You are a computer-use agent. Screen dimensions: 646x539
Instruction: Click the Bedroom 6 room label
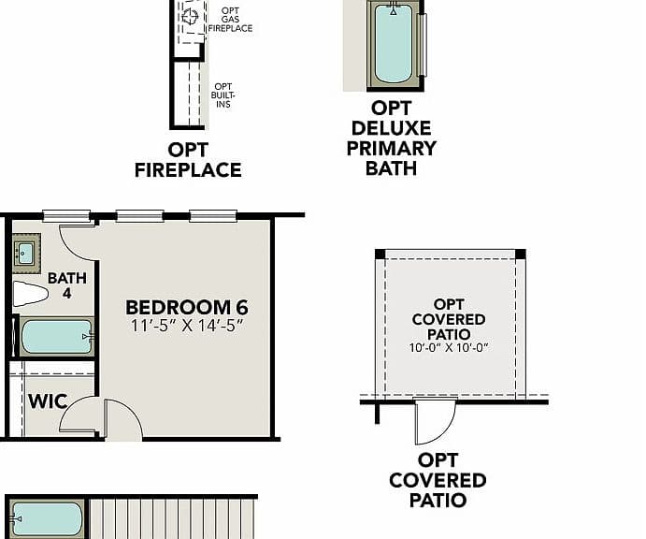[x=187, y=307]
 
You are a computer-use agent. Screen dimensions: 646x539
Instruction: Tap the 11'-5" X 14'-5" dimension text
[x=188, y=326]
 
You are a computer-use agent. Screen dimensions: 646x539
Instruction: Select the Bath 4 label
[x=67, y=285]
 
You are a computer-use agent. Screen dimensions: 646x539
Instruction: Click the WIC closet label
[x=48, y=401]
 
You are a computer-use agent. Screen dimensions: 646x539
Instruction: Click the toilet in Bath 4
[x=30, y=294]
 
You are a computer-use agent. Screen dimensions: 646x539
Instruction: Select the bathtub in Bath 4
[x=57, y=337]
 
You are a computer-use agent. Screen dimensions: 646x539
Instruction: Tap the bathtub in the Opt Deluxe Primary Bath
[x=394, y=44]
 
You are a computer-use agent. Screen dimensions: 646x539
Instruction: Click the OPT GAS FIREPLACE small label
[x=230, y=20]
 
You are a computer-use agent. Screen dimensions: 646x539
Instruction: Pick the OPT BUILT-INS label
[x=223, y=95]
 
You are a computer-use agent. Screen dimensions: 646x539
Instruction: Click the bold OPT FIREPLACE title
[x=188, y=160]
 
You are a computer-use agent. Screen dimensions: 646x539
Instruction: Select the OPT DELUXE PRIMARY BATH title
[x=392, y=138]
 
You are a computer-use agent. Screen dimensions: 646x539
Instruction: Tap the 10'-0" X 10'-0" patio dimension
[x=449, y=348]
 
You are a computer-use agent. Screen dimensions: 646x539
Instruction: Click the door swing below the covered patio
[x=436, y=421]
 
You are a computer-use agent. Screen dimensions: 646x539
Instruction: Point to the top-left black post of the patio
[x=380, y=254]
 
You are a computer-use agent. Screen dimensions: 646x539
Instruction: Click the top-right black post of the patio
[x=521, y=254]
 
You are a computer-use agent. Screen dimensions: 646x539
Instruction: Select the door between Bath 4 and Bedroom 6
[x=79, y=243]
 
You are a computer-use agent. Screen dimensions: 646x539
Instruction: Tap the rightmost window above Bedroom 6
[x=213, y=215]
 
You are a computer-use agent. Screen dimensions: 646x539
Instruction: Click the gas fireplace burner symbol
[x=191, y=17]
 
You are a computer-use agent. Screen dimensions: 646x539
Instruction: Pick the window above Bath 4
[x=66, y=215]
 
